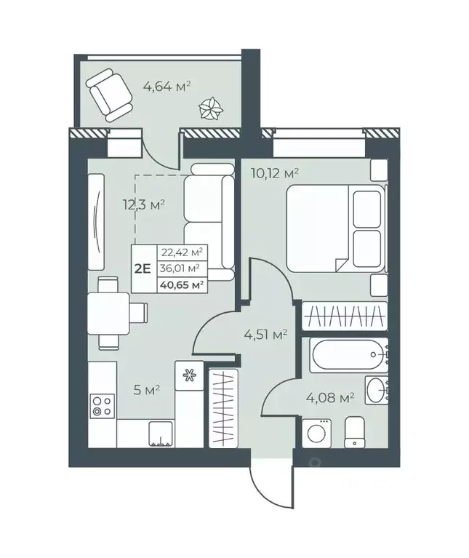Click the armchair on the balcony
tap(110, 95)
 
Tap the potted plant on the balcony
tap(210, 109)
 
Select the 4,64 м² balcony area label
tap(167, 87)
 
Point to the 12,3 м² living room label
tap(143, 204)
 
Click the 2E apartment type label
tap(143, 267)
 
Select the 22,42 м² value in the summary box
tap(183, 252)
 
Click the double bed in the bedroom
tap(334, 228)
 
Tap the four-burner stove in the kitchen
tap(101, 404)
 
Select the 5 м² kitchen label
tap(148, 390)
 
